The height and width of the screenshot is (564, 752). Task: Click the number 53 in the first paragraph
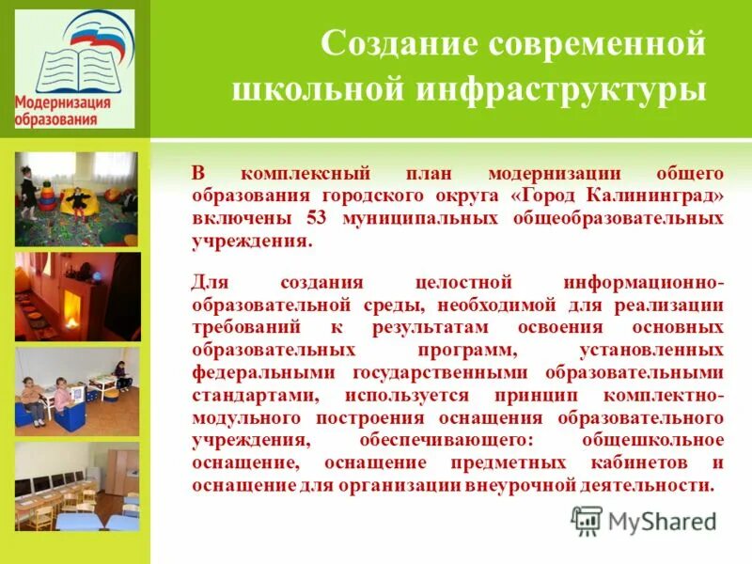coord(317,217)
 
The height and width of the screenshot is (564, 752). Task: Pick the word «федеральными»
coord(249,373)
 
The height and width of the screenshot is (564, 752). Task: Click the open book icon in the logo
coord(71,64)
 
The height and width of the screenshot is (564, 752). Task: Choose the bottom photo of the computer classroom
coord(76,486)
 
